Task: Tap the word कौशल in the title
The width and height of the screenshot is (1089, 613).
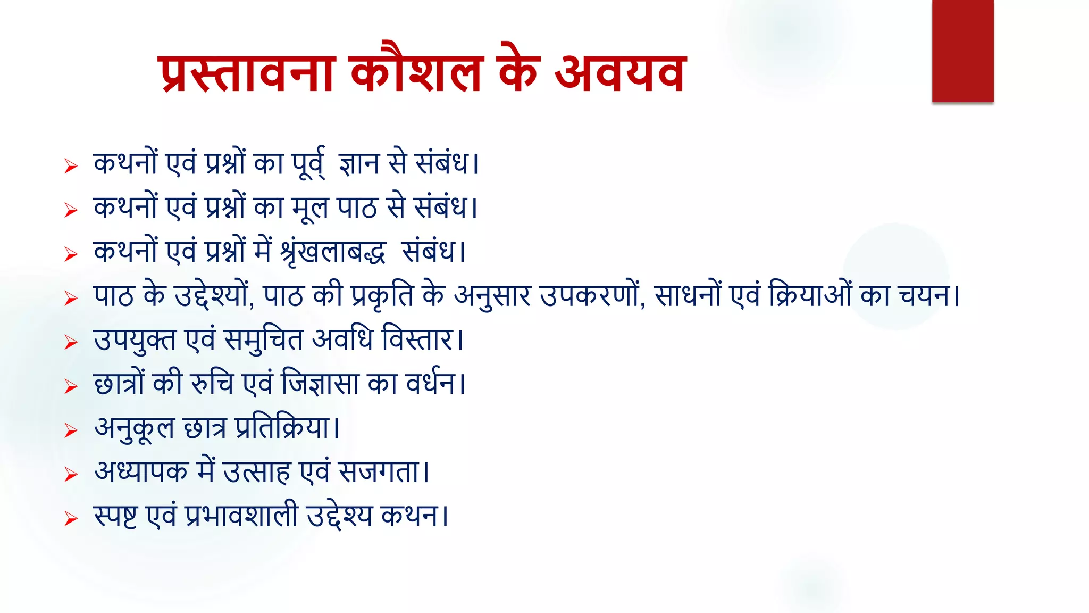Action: [x=416, y=73]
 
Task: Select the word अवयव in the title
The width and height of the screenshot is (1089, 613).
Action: [x=620, y=73]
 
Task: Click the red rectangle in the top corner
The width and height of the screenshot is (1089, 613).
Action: [x=962, y=51]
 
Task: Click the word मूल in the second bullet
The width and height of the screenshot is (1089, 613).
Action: [x=310, y=208]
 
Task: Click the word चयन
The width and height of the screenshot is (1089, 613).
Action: [x=925, y=296]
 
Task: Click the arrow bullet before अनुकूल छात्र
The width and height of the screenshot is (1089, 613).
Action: [x=71, y=430]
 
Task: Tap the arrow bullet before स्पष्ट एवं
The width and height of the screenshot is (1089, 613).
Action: [x=71, y=518]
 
